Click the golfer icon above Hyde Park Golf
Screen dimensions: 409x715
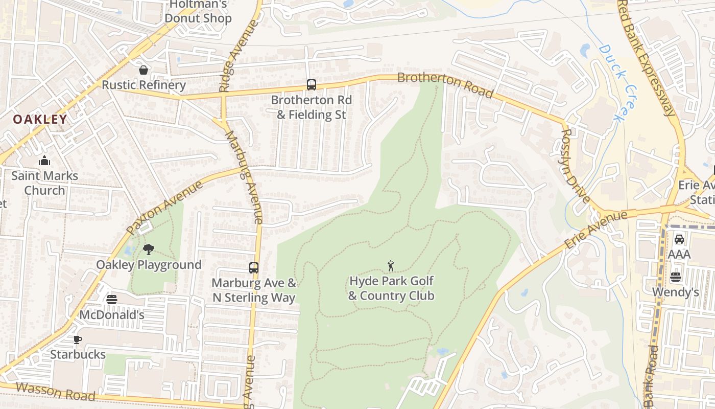click(x=391, y=266)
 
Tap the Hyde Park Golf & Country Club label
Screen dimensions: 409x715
click(x=391, y=288)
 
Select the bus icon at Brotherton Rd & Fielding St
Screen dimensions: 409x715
click(x=311, y=85)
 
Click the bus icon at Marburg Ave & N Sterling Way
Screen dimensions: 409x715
click(x=254, y=267)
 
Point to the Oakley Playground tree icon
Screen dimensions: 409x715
click(x=149, y=249)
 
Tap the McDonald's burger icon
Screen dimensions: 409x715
click(x=112, y=300)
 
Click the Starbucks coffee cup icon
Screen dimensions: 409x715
click(x=78, y=339)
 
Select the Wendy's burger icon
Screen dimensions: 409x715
click(x=676, y=277)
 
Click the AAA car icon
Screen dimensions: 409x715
click(x=679, y=239)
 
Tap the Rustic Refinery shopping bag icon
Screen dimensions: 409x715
click(x=144, y=70)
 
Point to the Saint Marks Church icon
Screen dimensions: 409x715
click(x=44, y=161)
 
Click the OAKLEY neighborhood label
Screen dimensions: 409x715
click(x=40, y=120)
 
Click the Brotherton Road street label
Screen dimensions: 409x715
click(x=445, y=85)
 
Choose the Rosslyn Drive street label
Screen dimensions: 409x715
click(x=576, y=166)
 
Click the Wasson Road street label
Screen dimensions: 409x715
click(x=55, y=391)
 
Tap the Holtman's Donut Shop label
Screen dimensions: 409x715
click(x=198, y=12)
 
